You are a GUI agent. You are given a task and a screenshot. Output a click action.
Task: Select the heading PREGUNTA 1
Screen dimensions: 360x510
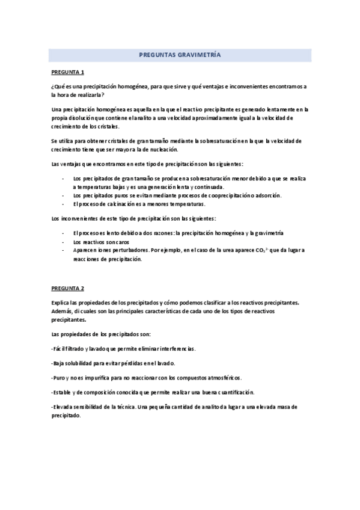67,72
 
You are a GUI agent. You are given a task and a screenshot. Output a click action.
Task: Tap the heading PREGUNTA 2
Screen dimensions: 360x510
67,288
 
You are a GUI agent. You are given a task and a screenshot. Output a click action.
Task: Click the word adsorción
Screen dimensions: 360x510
266,195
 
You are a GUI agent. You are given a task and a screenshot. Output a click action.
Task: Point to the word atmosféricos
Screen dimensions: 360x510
219,378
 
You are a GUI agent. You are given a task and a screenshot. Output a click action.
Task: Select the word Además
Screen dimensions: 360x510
63,311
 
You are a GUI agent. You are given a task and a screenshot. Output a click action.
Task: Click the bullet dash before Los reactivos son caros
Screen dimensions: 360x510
64,241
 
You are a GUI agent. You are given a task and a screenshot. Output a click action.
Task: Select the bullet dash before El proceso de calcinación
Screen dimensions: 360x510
64,204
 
